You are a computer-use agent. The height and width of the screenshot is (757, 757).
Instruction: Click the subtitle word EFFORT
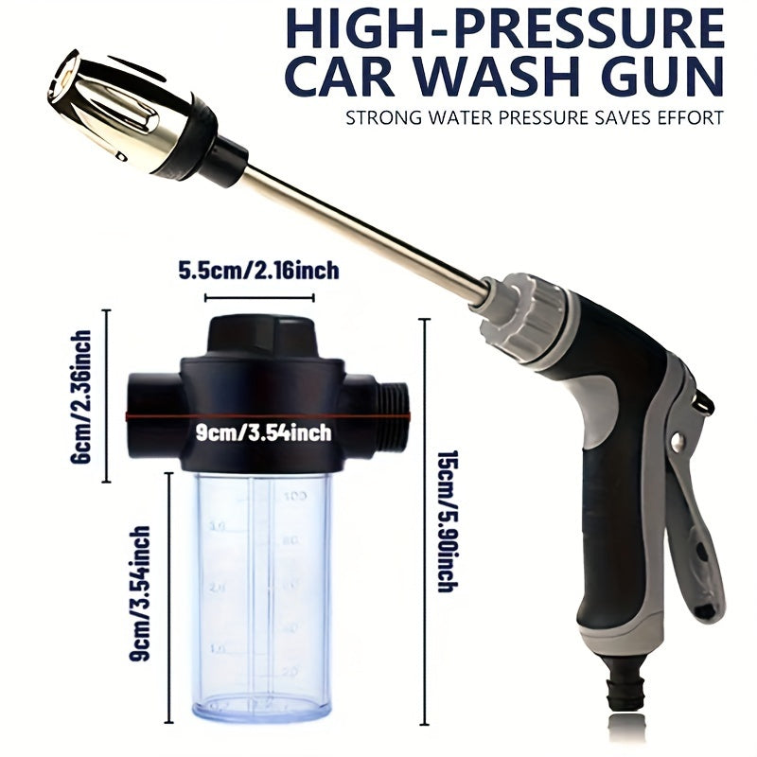(x=688, y=119)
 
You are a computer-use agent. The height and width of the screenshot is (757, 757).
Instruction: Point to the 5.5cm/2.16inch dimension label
(x=258, y=272)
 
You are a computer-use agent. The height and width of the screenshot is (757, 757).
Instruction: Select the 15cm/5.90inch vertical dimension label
(x=446, y=519)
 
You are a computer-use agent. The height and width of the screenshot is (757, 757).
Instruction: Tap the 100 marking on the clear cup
(x=296, y=495)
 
